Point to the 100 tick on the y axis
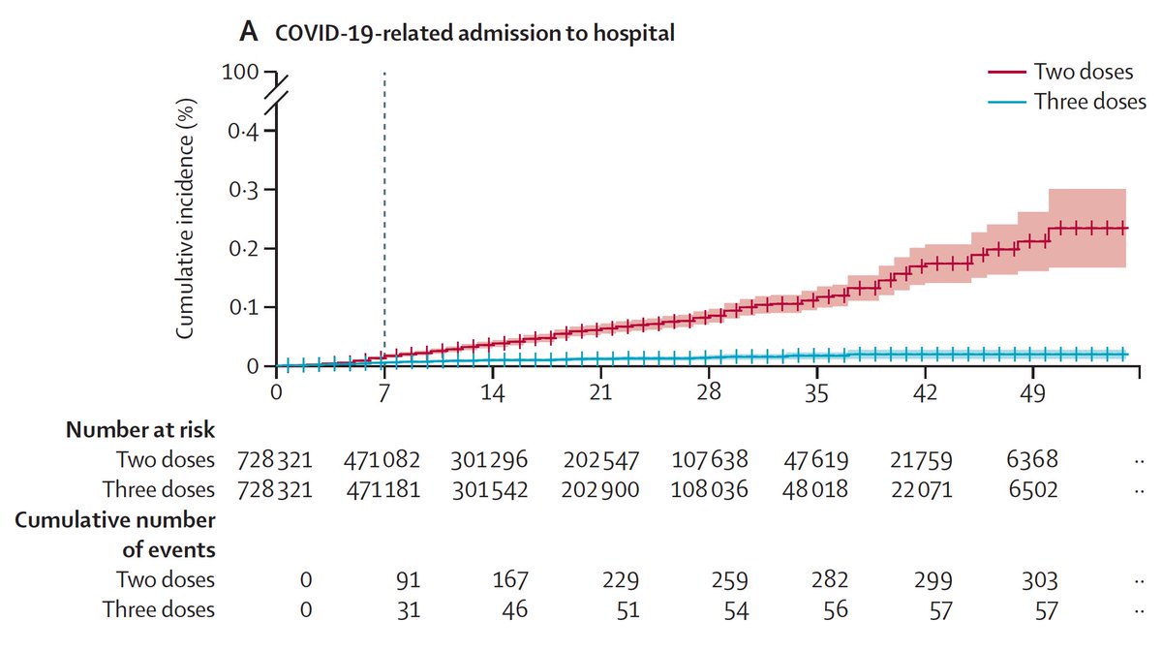(x=240, y=73)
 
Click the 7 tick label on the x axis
(x=384, y=393)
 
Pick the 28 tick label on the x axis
(x=709, y=393)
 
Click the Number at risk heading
(x=140, y=430)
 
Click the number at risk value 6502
(x=1040, y=489)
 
